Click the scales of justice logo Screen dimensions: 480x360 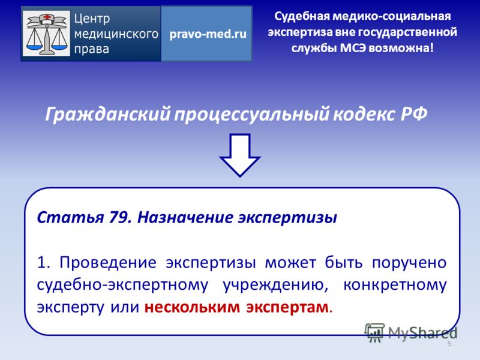click(46, 34)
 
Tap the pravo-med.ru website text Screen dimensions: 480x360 click(208, 34)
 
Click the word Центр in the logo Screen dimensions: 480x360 click(92, 19)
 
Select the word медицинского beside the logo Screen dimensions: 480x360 click(116, 34)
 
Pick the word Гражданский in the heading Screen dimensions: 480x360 click(108, 115)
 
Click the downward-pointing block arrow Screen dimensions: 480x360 click(239, 155)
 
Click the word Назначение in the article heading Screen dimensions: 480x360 click(185, 218)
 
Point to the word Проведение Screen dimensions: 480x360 click(108, 263)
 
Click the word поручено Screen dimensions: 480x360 click(409, 263)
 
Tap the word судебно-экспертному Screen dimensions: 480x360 click(122, 286)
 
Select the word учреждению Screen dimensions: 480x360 click(275, 286)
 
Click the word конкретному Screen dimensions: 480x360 click(395, 286)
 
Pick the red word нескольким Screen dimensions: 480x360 click(192, 307)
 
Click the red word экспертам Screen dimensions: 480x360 click(287, 308)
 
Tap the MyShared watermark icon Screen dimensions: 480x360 click(374, 332)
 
